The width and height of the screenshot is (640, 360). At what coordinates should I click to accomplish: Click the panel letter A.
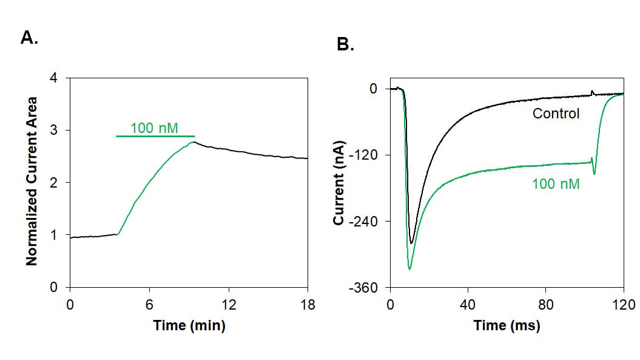click(29, 37)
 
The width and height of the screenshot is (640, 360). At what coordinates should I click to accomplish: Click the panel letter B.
click(345, 44)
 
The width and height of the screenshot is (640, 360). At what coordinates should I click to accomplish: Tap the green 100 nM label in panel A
click(154, 128)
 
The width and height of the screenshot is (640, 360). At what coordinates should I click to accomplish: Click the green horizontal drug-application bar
click(155, 136)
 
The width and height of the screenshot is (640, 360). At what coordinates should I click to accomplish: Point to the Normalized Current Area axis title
click(32, 181)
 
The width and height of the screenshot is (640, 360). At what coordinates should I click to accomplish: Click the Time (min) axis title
click(189, 325)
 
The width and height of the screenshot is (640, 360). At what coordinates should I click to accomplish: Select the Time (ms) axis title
click(507, 325)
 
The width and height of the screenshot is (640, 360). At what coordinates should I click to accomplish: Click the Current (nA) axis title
click(339, 183)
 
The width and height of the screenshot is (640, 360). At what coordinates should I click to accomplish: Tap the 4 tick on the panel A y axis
click(53, 78)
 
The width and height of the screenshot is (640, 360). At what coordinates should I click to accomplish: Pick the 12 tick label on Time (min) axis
click(229, 304)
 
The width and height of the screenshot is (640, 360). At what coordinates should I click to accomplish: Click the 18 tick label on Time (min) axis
click(308, 304)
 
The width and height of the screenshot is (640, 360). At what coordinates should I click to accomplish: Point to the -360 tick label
click(363, 288)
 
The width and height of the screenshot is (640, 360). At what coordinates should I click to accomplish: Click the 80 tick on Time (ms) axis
click(546, 304)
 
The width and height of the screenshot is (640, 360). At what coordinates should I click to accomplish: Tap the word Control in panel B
click(556, 113)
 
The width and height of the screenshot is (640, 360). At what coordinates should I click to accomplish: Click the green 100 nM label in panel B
click(556, 184)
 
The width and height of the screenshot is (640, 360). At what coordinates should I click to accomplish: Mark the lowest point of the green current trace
click(409, 270)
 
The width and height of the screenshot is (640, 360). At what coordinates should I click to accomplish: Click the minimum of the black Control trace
click(411, 243)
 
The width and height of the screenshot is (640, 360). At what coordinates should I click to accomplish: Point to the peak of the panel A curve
click(194, 142)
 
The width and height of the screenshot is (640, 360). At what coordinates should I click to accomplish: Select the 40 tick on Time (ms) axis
click(468, 304)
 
